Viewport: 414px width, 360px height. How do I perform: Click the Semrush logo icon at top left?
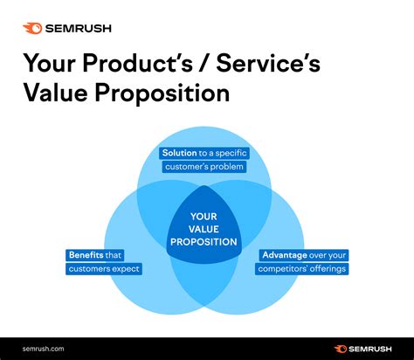[31, 27]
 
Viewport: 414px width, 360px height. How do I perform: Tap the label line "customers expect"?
[103, 268]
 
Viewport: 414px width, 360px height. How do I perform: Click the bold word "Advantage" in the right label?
[286, 254]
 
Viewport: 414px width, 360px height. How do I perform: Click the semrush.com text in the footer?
[45, 347]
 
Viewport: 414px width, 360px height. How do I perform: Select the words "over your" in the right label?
[328, 254]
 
